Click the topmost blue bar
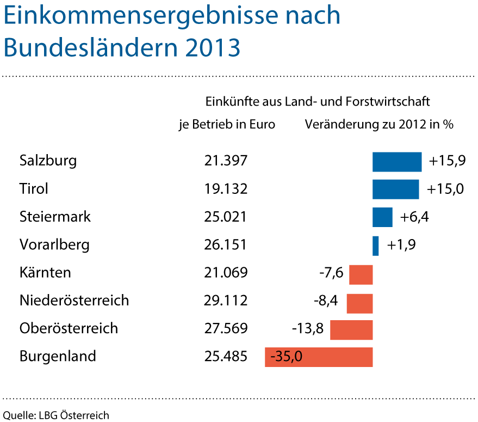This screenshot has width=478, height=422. tap(397, 162)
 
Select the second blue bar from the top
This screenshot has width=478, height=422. tap(396, 189)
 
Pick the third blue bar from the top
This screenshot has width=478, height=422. tap(382, 217)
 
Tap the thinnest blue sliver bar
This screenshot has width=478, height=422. tap(376, 246)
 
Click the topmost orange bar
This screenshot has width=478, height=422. tap(361, 274)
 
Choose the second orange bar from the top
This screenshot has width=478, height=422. tap(359, 303)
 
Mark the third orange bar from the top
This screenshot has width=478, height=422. tap(351, 331)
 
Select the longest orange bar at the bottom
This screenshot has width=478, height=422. tap(319, 357)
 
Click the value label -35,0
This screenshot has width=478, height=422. tap(286, 357)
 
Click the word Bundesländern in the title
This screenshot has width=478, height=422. tap(90, 48)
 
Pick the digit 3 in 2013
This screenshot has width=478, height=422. tap(234, 48)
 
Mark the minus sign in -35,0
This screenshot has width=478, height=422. tap(272, 358)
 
